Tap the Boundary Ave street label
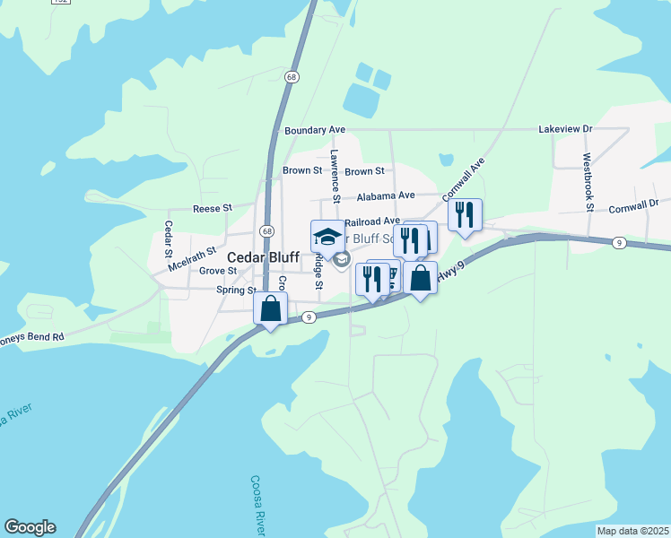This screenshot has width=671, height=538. pyautogui.click(x=315, y=131)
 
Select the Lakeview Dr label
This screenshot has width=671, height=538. pyautogui.click(x=565, y=129)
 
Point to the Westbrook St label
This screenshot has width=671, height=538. pyautogui.click(x=588, y=182)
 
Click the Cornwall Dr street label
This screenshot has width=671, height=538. pyautogui.click(x=639, y=205)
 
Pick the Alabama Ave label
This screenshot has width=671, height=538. pyautogui.click(x=386, y=195)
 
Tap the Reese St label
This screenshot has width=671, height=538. pyautogui.click(x=213, y=208)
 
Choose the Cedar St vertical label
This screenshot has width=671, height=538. pyautogui.click(x=168, y=238)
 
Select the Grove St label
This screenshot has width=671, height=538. pyautogui.click(x=218, y=270)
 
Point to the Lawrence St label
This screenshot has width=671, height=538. pyautogui.click(x=335, y=175)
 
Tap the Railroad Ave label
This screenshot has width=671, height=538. pyautogui.click(x=371, y=221)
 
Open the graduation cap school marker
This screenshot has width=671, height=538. pyautogui.click(x=327, y=237)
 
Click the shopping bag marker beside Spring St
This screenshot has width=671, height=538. pyautogui.click(x=270, y=309)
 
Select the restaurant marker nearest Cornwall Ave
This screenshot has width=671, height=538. pyautogui.click(x=465, y=215)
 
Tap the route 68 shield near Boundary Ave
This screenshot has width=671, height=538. pyautogui.click(x=292, y=78)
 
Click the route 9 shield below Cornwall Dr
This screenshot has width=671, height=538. pyautogui.click(x=619, y=243)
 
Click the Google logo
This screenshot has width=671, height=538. pyautogui.click(x=30, y=527)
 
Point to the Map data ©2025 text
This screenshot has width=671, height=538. pyautogui.click(x=632, y=531)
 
